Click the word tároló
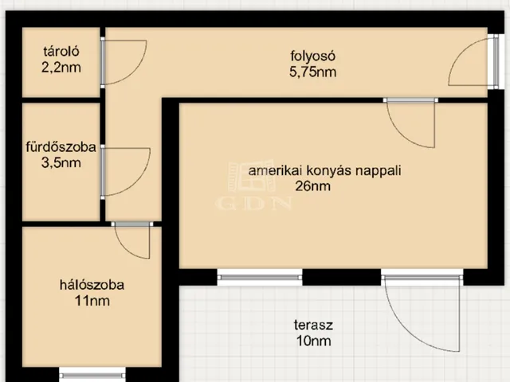(61, 51)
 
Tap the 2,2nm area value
(61, 68)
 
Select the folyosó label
(312, 56)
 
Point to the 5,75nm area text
(312, 72)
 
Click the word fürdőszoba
(61, 146)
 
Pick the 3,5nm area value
(61, 162)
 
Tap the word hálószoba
(92, 285)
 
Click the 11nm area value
(92, 301)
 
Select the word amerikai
(276, 170)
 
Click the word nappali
(378, 171)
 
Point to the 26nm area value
(312, 186)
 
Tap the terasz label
(313, 325)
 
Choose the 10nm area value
(313, 341)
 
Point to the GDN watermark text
(253, 204)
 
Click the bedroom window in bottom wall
(92, 375)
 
